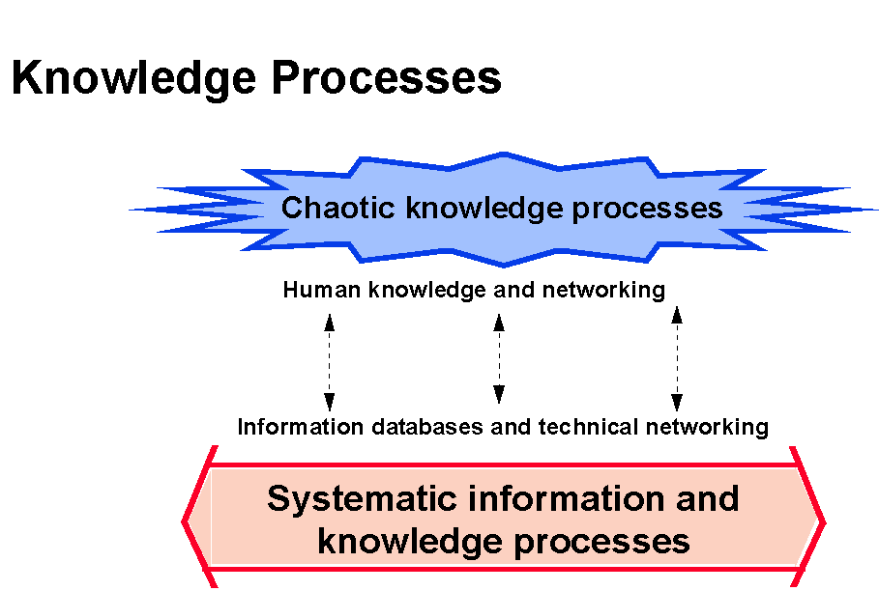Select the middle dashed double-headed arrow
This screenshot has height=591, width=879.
point(499,358)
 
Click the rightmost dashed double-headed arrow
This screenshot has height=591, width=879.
point(677,358)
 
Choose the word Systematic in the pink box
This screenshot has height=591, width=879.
point(360,499)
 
